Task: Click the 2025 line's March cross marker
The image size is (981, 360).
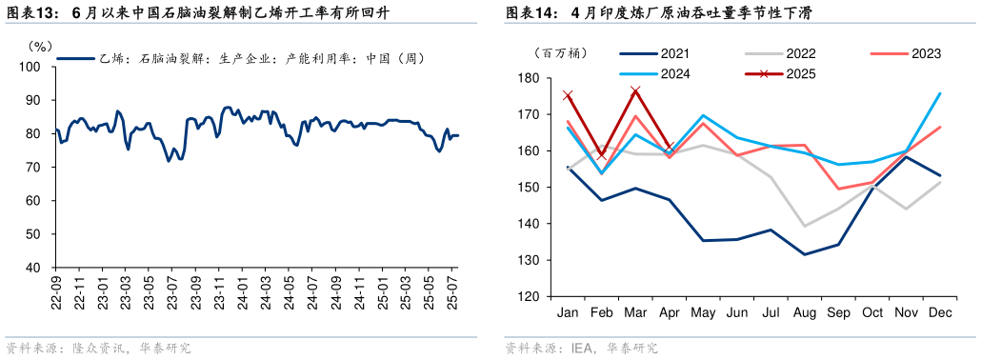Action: (x=636, y=91)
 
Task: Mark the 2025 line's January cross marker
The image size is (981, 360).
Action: (x=568, y=95)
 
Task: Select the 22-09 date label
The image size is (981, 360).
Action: (x=57, y=290)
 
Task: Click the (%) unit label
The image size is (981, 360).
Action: (x=39, y=45)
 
